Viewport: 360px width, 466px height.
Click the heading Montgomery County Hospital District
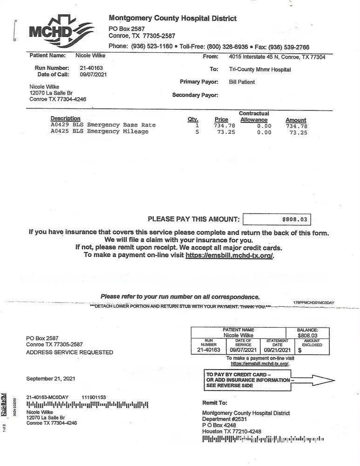point(172,18)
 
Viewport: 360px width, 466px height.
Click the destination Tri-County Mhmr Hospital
point(260,69)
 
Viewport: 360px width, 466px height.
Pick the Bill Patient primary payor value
point(242,82)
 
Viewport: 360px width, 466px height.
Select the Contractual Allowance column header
point(254,116)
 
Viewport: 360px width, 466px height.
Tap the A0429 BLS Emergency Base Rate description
point(103,125)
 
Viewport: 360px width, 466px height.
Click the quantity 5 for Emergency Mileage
point(197,132)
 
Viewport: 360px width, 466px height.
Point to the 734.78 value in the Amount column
point(296,126)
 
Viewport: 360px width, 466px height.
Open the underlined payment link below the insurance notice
point(230,255)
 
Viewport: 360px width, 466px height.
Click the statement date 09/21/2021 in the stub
point(277,349)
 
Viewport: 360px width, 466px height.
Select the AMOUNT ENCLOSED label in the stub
point(312,343)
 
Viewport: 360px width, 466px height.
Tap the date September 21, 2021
point(50,378)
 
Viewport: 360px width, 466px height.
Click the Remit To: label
point(215,403)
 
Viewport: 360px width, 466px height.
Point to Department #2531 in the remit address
point(224,419)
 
